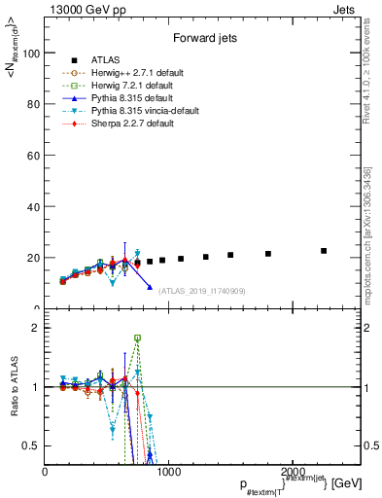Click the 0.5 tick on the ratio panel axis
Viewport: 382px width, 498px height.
[x=31, y=445]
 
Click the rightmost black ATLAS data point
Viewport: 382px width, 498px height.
[x=324, y=251]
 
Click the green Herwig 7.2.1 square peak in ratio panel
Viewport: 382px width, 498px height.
[x=137, y=338]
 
